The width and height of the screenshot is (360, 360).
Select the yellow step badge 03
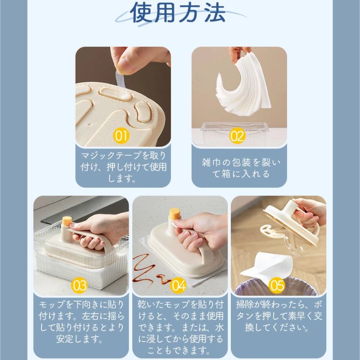(x=80, y=285)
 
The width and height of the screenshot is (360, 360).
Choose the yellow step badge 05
(x=276, y=285)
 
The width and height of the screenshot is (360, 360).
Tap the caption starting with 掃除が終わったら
(x=278, y=315)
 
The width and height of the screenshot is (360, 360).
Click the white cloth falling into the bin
(x=265, y=265)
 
